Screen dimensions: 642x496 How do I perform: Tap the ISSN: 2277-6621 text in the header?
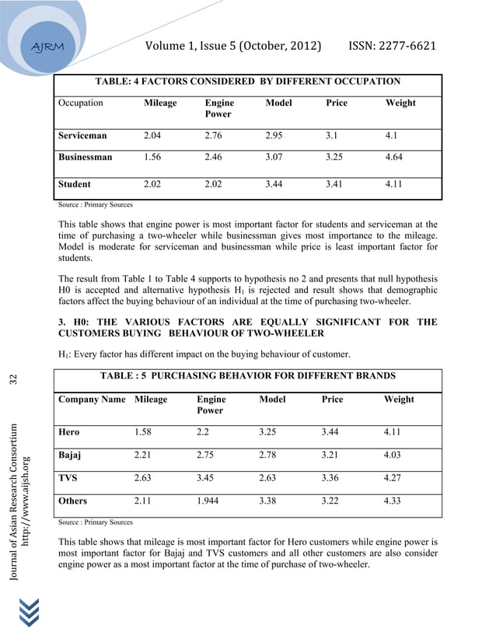pos(393,46)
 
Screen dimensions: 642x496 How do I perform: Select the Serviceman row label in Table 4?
pos(82,135)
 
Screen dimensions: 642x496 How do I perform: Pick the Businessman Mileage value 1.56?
pos(153,157)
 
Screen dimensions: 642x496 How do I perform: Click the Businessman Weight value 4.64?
pos(396,157)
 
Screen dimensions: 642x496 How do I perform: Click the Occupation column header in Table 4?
pos(80,103)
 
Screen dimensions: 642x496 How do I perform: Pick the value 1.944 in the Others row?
pos(210,501)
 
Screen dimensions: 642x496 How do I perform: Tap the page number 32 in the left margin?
pos(12,380)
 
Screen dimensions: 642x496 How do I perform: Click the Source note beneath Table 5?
pos(95,522)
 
